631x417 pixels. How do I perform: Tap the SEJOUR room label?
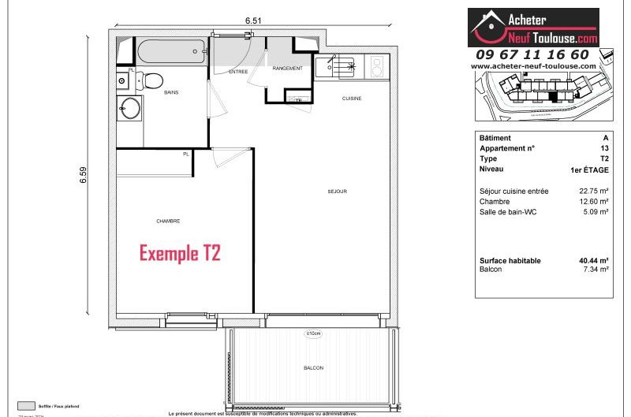[x=338, y=192]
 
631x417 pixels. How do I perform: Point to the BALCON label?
[x=313, y=368]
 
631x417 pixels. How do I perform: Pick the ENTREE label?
[x=238, y=72]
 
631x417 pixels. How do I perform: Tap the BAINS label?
[x=171, y=93]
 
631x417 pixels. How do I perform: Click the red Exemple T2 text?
[x=180, y=253]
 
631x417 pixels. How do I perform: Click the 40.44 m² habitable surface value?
[x=593, y=260]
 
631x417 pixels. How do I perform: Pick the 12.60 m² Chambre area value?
[x=593, y=202]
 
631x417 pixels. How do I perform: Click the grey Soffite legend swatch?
[x=27, y=406]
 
